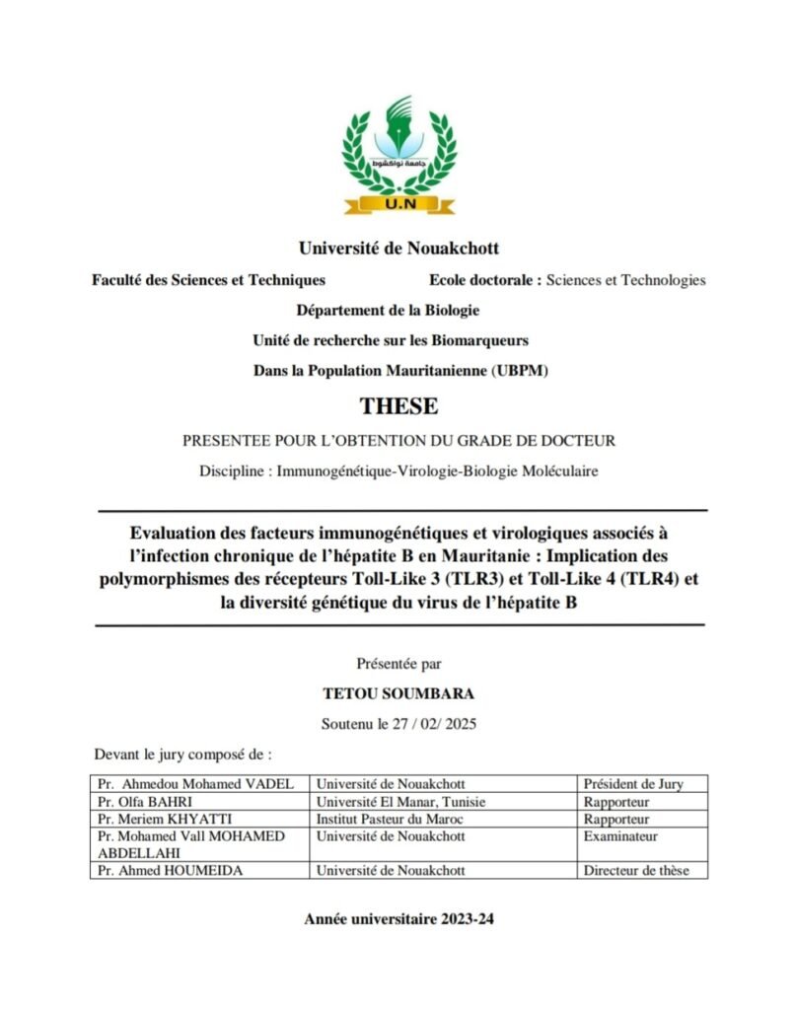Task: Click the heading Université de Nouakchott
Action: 398,249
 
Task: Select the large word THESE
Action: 398,405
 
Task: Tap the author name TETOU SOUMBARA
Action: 398,694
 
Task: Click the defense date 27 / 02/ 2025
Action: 434,724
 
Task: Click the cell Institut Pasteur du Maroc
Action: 390,820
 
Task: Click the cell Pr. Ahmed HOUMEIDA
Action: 168,871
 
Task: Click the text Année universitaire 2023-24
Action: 398,918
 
